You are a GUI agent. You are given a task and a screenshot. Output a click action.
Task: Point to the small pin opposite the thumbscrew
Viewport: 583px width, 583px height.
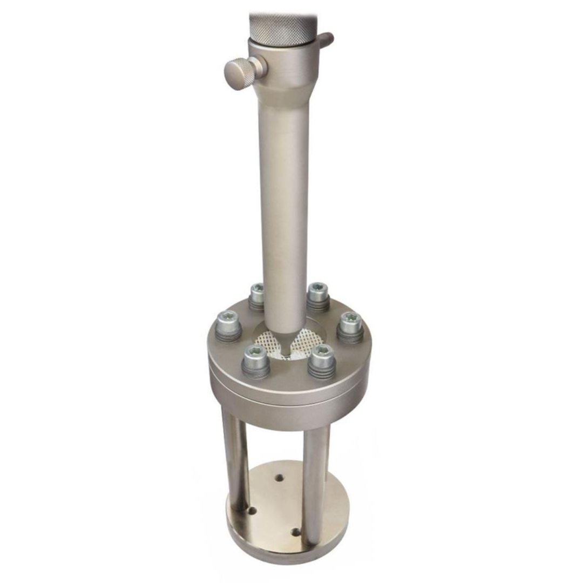(x=326, y=39)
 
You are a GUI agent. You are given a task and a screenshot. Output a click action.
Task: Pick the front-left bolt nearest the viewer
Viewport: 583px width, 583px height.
(x=255, y=360)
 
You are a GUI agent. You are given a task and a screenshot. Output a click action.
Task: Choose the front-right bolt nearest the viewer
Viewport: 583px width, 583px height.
(x=322, y=360)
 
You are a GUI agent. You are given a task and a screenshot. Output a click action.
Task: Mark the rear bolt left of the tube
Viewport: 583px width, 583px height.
(x=257, y=296)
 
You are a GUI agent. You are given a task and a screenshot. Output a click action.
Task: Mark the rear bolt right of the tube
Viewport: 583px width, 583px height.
(x=318, y=296)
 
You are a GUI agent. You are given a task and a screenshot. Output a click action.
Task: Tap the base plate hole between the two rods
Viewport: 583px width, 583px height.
(x=279, y=477)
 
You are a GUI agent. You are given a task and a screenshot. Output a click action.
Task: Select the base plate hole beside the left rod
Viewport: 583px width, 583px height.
(x=252, y=509)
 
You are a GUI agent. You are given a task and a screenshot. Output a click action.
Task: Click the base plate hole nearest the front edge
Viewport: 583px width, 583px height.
(x=295, y=532)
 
